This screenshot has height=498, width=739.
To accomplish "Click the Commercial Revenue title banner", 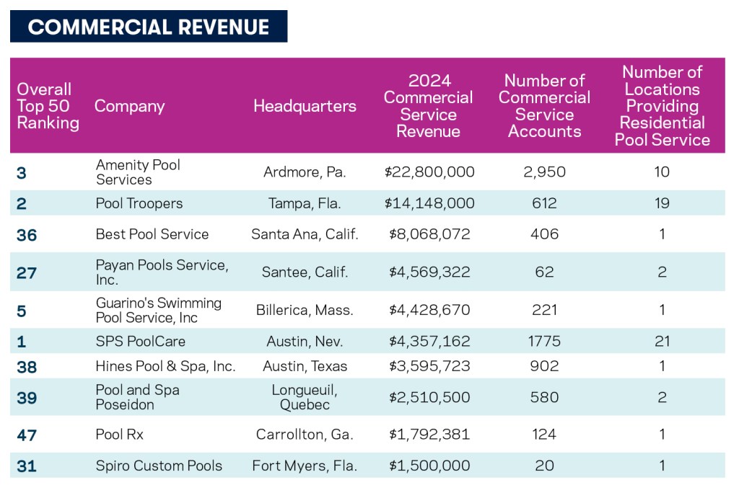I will pos(148,27).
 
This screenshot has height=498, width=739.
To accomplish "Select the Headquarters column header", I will pos(305,106).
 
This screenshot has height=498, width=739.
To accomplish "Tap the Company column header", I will pos(130,106).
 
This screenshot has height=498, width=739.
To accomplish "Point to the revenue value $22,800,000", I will pos(429,172).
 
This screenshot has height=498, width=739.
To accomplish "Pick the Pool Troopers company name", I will pos(139,203).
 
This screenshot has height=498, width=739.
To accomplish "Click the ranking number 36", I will pos(27,235).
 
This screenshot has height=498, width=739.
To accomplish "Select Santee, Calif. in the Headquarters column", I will pos(305,272).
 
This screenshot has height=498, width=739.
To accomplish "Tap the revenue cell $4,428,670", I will pos(429,310).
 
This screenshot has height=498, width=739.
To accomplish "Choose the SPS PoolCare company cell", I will pos(141,341).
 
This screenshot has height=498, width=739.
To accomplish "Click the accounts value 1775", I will pos(544,341).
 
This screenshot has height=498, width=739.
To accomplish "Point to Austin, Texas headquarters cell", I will pos(305,366).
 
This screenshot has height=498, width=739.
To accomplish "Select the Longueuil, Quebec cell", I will pos(305,397).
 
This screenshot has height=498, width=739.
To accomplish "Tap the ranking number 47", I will pos(27,435).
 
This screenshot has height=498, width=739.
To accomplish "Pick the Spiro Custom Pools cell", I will pos(159,466).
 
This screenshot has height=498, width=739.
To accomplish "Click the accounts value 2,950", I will pos(544,172).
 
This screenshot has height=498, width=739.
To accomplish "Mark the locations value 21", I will pos(662,341).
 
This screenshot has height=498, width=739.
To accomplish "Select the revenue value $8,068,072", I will pos(429,234).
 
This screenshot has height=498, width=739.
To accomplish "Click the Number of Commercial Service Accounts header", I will pos(544,106).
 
